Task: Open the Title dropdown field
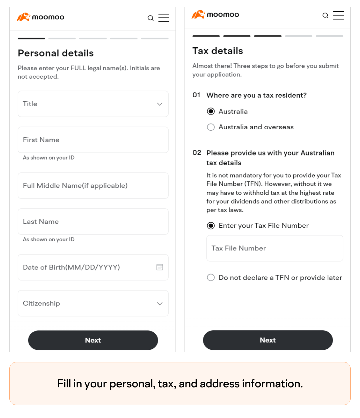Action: pyautogui.click(x=93, y=104)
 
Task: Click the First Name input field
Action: pyautogui.click(x=93, y=140)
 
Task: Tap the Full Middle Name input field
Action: pyautogui.click(x=93, y=186)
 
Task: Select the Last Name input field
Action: pyautogui.click(x=93, y=221)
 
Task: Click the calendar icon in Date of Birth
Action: pyautogui.click(x=160, y=267)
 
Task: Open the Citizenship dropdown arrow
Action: pyautogui.click(x=160, y=303)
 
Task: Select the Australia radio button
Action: pyautogui.click(x=211, y=111)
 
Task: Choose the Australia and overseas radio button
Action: pyautogui.click(x=211, y=127)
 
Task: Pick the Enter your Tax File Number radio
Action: pyautogui.click(x=211, y=225)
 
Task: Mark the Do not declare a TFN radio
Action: pyautogui.click(x=211, y=277)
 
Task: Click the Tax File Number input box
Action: pyautogui.click(x=275, y=248)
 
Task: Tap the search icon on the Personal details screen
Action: pyautogui.click(x=151, y=18)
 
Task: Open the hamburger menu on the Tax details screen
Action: pyautogui.click(x=338, y=15)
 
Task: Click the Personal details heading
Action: pyautogui.click(x=56, y=53)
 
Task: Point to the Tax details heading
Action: pyautogui.click(x=218, y=51)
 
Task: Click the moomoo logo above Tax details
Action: pyautogui.click(x=215, y=15)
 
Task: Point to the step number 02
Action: pyautogui.click(x=197, y=153)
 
